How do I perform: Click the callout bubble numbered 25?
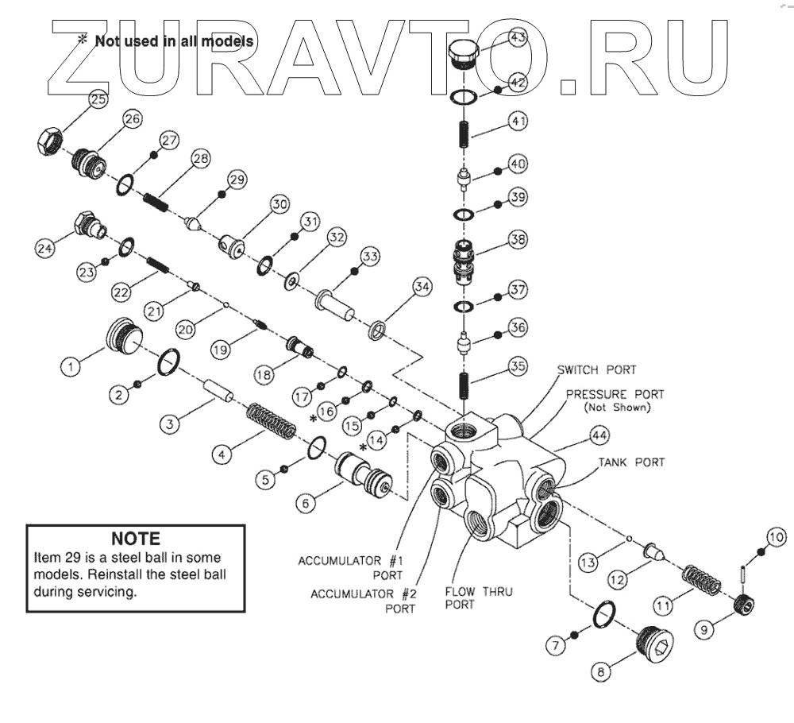98,99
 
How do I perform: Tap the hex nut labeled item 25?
50,138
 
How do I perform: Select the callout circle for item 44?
599,435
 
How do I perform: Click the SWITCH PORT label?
596,370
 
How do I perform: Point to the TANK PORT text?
631,462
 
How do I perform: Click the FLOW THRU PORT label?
479,597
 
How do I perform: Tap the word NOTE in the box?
136,538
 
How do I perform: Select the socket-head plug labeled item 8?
654,644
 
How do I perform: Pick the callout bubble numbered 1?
71,366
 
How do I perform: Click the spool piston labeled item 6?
364,472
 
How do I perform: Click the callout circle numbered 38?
518,239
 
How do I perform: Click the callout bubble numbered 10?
777,536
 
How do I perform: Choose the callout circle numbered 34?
422,287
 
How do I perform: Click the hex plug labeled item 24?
90,226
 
